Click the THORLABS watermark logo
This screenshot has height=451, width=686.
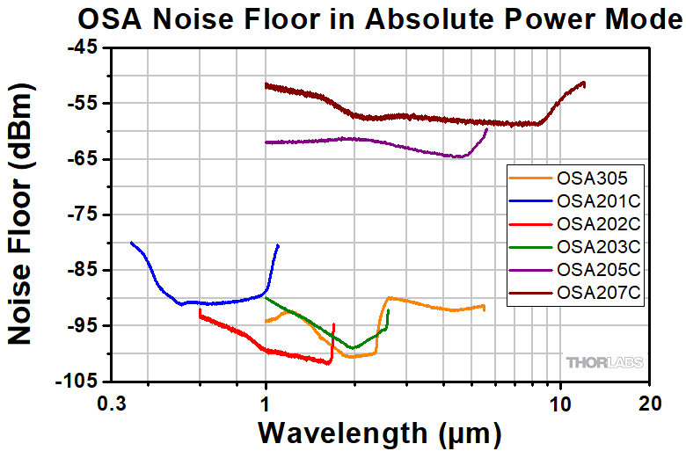click(604, 361)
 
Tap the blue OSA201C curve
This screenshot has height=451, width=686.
click(220, 302)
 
